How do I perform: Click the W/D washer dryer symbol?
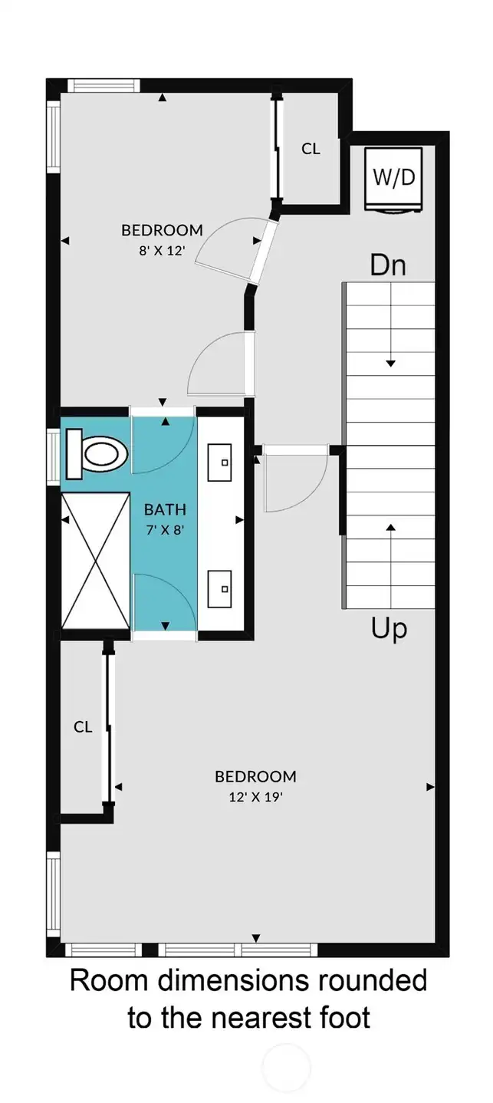point(393,179)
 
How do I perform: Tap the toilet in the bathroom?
point(97,453)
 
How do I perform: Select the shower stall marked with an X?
point(95,561)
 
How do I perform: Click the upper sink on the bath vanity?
point(219,463)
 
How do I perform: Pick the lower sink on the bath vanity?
point(219,589)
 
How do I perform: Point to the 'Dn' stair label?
point(388,265)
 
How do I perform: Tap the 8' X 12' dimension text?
point(162,251)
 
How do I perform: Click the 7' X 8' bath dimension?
point(165,530)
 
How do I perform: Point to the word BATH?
point(165,509)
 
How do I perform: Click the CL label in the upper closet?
point(311,149)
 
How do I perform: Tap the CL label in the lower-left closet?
point(83,727)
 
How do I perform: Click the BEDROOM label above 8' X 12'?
point(162,230)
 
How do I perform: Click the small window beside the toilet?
point(53,456)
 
